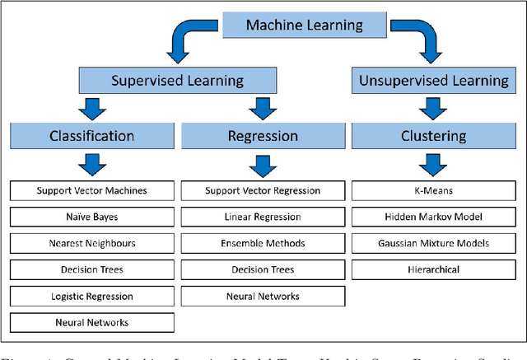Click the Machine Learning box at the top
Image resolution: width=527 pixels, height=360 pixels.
pyautogui.click(x=304, y=26)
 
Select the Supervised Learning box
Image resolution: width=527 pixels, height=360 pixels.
pyautogui.click(x=177, y=80)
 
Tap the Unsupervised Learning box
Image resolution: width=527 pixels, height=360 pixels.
pyautogui.click(x=432, y=80)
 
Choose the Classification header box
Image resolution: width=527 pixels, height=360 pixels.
pyautogui.click(x=91, y=136)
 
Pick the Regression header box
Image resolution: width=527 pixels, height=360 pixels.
pyautogui.click(x=262, y=136)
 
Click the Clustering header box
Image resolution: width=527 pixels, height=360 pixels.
pyautogui.click(x=433, y=136)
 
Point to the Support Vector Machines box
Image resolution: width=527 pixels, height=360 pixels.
pyautogui.click(x=91, y=190)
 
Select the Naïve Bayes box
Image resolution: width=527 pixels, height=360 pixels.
pyautogui.click(x=91, y=217)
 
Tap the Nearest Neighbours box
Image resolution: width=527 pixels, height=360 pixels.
pyautogui.click(x=91, y=243)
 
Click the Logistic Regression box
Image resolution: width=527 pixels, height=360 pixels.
pyautogui.click(x=91, y=296)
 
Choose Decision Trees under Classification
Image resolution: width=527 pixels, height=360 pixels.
pyautogui.click(x=91, y=269)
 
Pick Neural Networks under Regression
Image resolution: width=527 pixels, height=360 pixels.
pyautogui.click(x=262, y=296)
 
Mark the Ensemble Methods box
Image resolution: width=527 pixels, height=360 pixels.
pyautogui.click(x=262, y=243)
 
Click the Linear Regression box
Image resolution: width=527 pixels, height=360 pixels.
pyautogui.click(x=262, y=217)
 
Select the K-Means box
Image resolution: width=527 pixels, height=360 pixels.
pyautogui.click(x=433, y=190)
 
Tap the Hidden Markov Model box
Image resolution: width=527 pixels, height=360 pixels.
pyautogui.click(x=433, y=217)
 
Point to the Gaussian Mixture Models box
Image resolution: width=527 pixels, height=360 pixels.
pyautogui.click(x=433, y=243)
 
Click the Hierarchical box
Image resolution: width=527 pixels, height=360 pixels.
pyautogui.click(x=433, y=269)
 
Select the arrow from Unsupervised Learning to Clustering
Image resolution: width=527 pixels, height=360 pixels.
pyautogui.click(x=433, y=108)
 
